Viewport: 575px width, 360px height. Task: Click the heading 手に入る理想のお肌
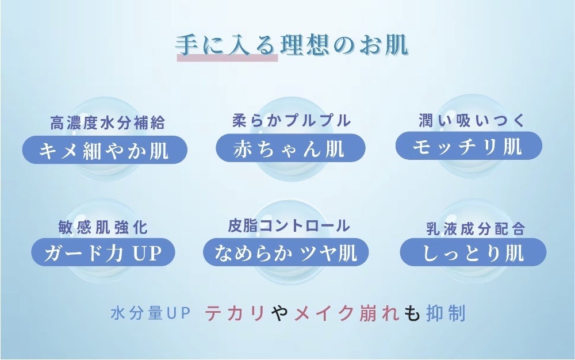(292, 45)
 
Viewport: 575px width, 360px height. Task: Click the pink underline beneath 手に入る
(227, 58)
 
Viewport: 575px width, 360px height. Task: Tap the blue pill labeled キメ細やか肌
(105, 150)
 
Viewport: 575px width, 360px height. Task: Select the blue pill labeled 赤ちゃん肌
(290, 148)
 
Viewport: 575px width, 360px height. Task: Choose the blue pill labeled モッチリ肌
(469, 146)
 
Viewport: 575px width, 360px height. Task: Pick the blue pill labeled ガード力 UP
(103, 252)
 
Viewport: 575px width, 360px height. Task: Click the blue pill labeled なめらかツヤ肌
(286, 252)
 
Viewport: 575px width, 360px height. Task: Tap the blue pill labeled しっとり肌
(473, 252)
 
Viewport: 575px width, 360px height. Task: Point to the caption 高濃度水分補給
(108, 122)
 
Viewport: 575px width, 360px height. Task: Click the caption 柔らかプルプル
(292, 121)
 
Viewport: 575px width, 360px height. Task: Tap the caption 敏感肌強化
(103, 227)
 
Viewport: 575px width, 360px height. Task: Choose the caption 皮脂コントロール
(289, 225)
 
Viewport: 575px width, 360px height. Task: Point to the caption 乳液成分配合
(476, 229)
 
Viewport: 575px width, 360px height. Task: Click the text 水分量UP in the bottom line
(150, 313)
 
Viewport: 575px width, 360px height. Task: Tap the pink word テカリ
(235, 313)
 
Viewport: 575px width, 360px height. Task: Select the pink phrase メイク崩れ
(347, 313)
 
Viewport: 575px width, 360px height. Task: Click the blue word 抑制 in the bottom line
(446, 313)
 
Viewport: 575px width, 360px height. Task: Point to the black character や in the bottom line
(280, 313)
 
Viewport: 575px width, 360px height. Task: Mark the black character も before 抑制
(412, 313)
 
